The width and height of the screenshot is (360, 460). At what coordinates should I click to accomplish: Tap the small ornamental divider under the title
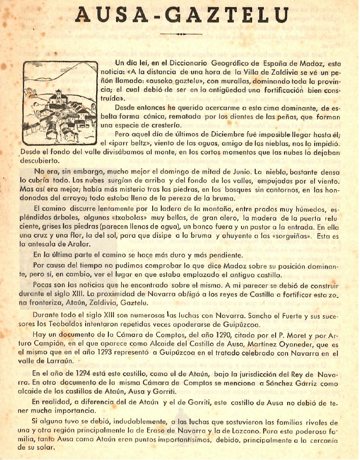[x=180, y=35]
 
